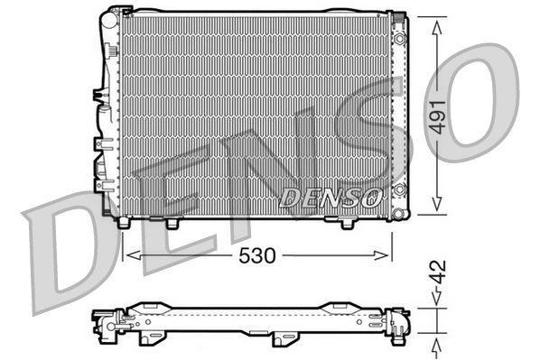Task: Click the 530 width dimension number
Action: (x=257, y=255)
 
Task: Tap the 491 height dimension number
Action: (x=438, y=117)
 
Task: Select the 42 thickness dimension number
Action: (x=438, y=272)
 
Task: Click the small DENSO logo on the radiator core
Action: (x=331, y=198)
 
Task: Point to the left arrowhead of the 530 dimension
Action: (x=134, y=255)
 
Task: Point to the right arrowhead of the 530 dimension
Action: (x=382, y=255)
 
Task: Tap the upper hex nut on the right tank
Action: (x=399, y=39)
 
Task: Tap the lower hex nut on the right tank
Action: (x=400, y=189)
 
